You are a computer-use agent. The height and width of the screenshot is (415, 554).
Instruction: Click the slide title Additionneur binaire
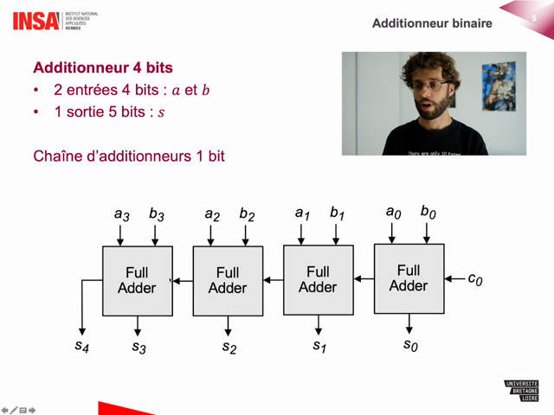click(432, 23)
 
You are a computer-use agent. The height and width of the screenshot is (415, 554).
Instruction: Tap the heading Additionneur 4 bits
click(103, 67)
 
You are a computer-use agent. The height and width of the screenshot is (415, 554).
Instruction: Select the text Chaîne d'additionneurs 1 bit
click(129, 156)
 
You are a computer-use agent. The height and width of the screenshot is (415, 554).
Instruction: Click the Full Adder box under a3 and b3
click(137, 280)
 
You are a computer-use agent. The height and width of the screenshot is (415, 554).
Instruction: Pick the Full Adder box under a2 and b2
click(227, 280)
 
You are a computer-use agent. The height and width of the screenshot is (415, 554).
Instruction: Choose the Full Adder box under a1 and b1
click(318, 279)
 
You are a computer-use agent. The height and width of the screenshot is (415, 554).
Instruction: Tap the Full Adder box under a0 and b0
click(409, 278)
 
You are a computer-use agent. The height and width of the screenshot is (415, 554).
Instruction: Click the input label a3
click(121, 214)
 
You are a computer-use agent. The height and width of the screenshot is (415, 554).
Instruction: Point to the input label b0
click(428, 213)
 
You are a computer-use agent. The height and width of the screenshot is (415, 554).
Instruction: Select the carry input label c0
click(475, 279)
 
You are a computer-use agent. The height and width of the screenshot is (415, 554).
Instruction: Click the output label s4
click(81, 346)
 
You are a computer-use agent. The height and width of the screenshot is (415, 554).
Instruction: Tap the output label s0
click(410, 345)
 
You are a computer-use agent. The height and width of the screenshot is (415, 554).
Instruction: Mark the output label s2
click(229, 347)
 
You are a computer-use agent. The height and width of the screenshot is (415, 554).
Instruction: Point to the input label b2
click(247, 214)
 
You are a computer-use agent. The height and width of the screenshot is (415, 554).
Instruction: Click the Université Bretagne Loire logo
click(521, 391)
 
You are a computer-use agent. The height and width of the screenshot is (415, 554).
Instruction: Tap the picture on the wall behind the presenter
click(498, 86)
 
